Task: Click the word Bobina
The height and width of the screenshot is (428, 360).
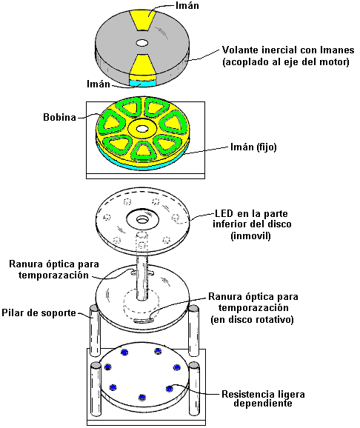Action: point(59,117)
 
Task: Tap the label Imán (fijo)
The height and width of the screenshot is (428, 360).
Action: point(253,147)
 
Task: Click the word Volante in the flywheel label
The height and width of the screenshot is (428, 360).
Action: point(240,50)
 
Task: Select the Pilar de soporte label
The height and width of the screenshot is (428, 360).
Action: point(39,312)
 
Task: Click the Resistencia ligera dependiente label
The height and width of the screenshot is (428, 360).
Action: point(263,399)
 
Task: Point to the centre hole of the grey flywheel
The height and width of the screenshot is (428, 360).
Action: point(142,43)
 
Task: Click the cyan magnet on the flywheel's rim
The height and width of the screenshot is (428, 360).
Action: point(142,83)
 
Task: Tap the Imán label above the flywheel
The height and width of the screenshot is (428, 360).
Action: point(187,6)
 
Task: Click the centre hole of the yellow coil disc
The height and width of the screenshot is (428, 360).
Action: point(141,129)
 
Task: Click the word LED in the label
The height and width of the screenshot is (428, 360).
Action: point(224,213)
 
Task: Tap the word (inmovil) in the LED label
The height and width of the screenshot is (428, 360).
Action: point(251,235)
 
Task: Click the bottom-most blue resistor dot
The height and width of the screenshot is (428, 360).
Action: point(141,398)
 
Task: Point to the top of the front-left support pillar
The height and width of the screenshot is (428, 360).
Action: point(96,365)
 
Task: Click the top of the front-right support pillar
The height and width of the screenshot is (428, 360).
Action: point(194,365)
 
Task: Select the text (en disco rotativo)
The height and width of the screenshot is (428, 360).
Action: point(252,319)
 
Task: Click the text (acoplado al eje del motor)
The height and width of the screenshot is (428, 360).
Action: point(286,62)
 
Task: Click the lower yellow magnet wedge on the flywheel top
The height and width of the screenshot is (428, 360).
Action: point(142,64)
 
